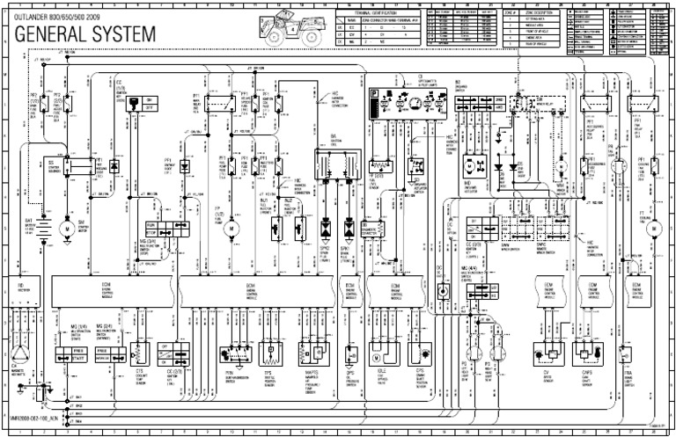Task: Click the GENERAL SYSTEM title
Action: [x=84, y=34]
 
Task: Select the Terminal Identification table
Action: [x=379, y=27]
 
